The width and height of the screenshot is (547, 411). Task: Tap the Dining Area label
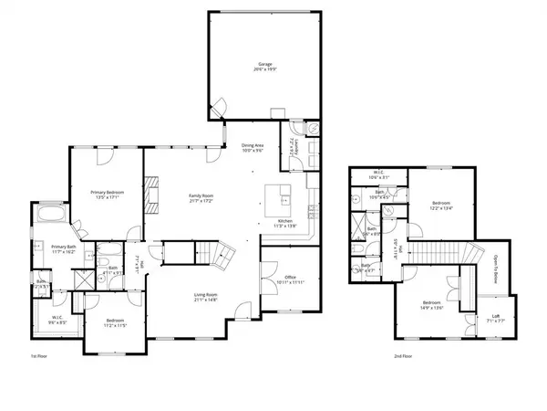253,148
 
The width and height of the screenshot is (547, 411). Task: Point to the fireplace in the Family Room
150,195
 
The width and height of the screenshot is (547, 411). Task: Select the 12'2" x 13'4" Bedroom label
439,207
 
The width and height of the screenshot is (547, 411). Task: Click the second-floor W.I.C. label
381,175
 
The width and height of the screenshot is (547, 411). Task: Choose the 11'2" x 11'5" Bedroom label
114,323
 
